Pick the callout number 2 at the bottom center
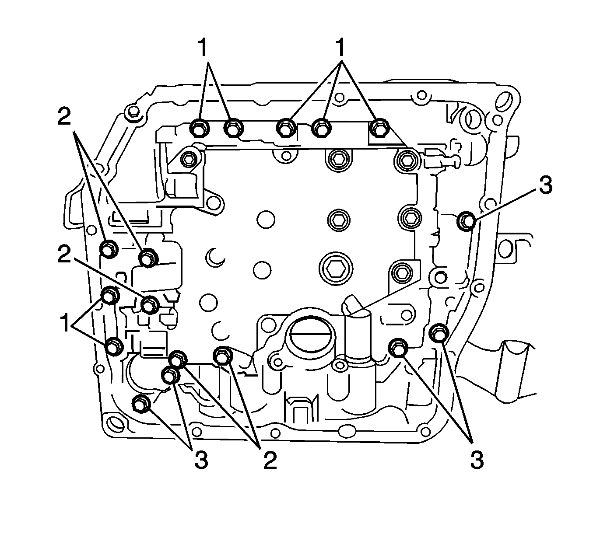[270, 461]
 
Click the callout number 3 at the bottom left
[200, 461]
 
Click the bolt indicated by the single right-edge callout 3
[467, 220]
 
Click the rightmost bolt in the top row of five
[379, 127]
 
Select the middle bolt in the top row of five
[287, 128]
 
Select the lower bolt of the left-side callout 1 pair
[114, 346]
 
